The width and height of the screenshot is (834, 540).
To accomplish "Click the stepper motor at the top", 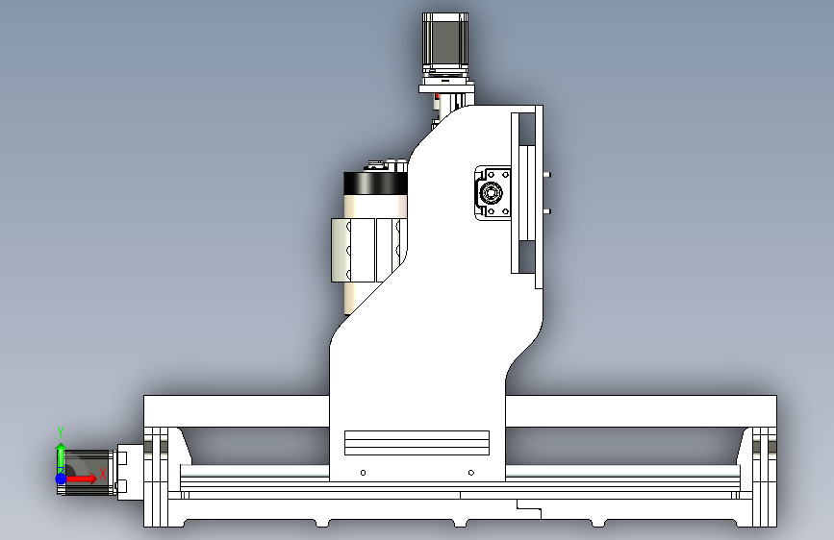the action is [445, 42].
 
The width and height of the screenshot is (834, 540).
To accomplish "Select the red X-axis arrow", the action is [80, 479].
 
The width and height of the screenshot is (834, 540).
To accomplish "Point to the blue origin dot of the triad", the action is [62, 479].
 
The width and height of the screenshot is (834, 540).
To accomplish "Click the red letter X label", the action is [103, 474].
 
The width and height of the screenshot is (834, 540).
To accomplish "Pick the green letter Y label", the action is [61, 431].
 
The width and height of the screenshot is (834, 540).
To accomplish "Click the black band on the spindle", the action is [375, 184].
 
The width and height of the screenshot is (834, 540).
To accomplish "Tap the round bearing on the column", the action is [491, 192].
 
